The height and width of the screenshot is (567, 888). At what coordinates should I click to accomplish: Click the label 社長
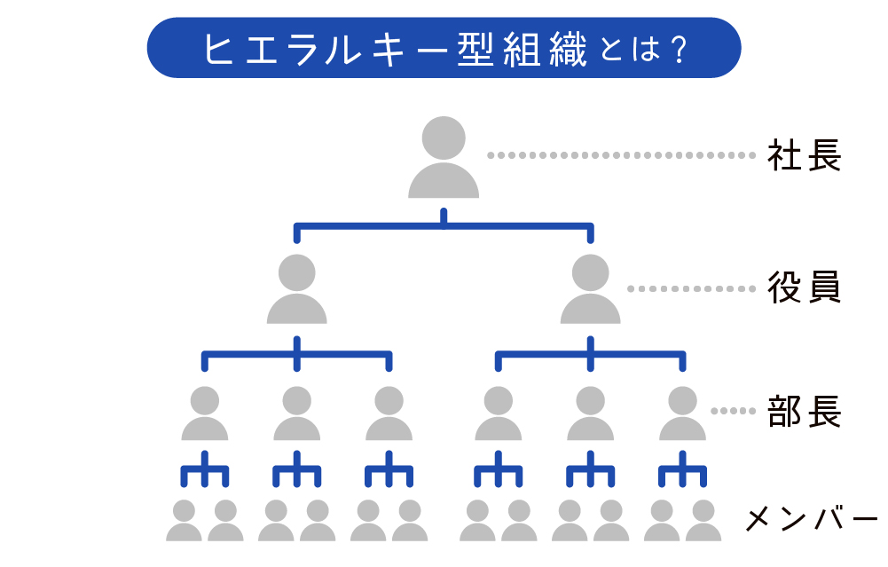804,156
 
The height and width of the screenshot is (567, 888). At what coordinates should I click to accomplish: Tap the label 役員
804,288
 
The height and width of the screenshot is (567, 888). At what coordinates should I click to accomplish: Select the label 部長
804,412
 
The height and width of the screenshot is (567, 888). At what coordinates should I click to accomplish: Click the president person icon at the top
444,158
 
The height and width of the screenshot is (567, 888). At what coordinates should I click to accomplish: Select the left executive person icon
297,290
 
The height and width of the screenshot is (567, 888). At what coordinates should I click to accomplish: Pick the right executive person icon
591,290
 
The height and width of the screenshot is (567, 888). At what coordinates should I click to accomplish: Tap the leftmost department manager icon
205,414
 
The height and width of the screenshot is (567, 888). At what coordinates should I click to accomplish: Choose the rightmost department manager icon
682,414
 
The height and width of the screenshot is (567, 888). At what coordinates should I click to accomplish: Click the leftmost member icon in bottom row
184,522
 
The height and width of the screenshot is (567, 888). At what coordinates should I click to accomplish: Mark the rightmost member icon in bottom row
703,522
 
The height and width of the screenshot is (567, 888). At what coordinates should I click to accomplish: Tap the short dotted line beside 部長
731,411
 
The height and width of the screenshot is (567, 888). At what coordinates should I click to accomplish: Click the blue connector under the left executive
297,355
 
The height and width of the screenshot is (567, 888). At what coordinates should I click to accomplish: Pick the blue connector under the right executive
591,355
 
